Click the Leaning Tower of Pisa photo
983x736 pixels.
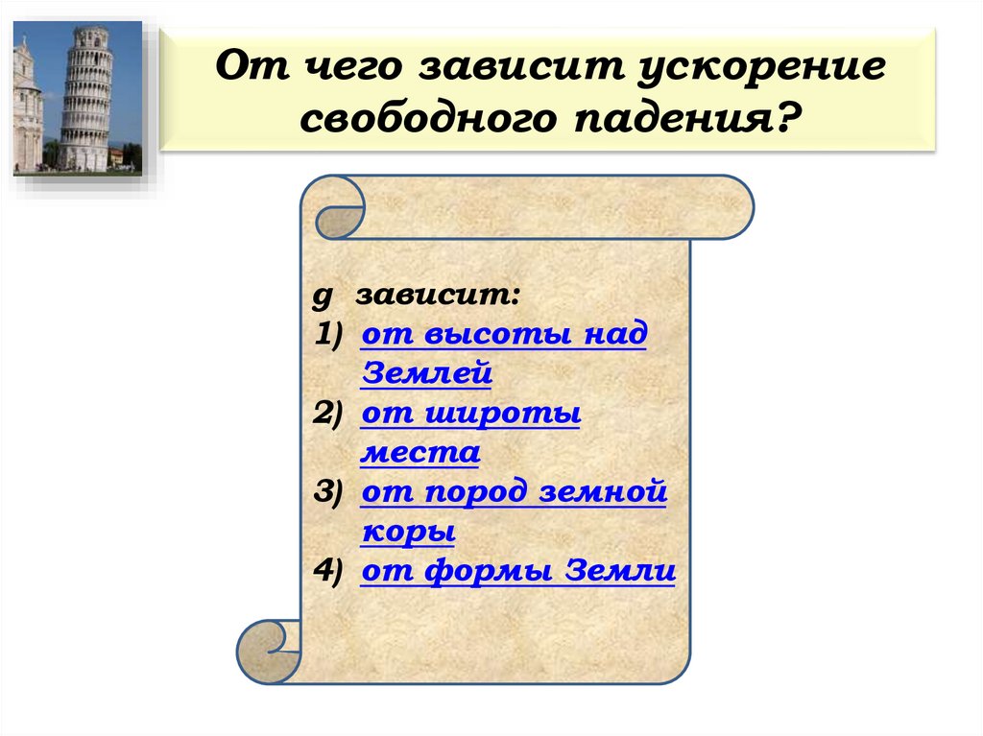77,98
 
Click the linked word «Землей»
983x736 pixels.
426,373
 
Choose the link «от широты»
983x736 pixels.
470,414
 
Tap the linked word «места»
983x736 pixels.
420,452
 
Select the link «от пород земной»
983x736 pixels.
514,492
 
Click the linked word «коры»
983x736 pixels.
408,531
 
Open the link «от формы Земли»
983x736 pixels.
518,571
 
